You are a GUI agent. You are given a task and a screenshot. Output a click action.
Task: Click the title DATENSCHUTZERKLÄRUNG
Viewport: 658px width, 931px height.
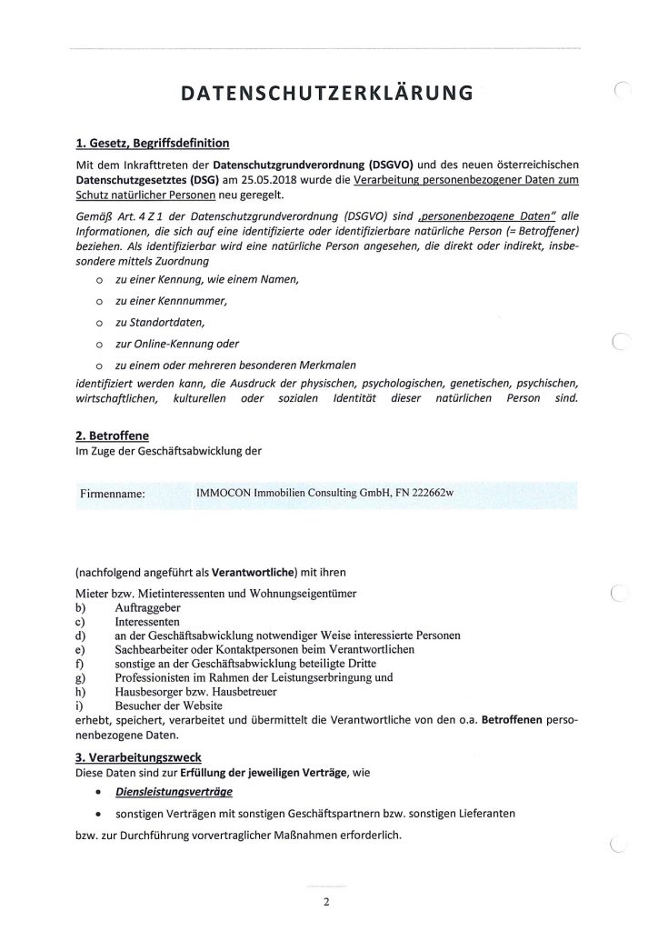[x=328, y=93]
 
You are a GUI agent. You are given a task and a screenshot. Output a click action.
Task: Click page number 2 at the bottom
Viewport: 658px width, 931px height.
[x=326, y=903]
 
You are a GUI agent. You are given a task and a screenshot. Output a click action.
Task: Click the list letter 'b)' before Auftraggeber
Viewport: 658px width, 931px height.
[x=81, y=606]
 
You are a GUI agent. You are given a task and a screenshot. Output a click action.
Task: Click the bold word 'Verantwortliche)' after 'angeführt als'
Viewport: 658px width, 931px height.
[x=251, y=575]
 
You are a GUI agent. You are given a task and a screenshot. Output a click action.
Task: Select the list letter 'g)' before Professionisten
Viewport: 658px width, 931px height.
[x=81, y=676]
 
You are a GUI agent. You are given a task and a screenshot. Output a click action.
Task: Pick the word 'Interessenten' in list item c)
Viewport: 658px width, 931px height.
[x=149, y=620]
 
